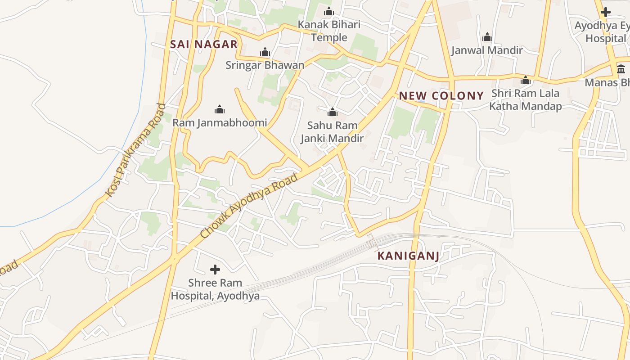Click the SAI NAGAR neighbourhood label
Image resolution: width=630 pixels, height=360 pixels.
click(204, 44)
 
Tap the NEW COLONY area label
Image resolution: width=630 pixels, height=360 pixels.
click(441, 95)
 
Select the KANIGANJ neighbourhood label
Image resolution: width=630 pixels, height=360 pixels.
click(408, 256)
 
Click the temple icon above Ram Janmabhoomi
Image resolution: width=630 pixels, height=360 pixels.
click(220, 109)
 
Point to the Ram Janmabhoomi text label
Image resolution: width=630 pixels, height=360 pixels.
click(220, 122)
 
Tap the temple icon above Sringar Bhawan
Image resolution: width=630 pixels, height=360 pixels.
click(265, 52)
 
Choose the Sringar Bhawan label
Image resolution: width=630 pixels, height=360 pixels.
click(265, 65)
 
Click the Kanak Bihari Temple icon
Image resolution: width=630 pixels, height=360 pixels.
click(329, 11)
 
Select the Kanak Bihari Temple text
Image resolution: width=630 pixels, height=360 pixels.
click(329, 31)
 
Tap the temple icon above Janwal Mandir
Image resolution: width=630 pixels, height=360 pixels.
click(487, 37)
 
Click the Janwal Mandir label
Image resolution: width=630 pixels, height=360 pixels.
click(487, 50)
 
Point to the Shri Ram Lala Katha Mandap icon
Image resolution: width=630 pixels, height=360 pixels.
click(525, 81)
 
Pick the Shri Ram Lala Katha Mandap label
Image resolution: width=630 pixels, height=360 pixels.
click(525, 99)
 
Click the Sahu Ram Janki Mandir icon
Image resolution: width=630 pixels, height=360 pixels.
click(332, 112)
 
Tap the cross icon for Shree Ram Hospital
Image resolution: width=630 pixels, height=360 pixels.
click(215, 270)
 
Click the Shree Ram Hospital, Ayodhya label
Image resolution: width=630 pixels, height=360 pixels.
click(215, 289)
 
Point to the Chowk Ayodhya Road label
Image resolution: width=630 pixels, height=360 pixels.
click(249, 206)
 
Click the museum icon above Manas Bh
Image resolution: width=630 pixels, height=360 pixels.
click(621, 69)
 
